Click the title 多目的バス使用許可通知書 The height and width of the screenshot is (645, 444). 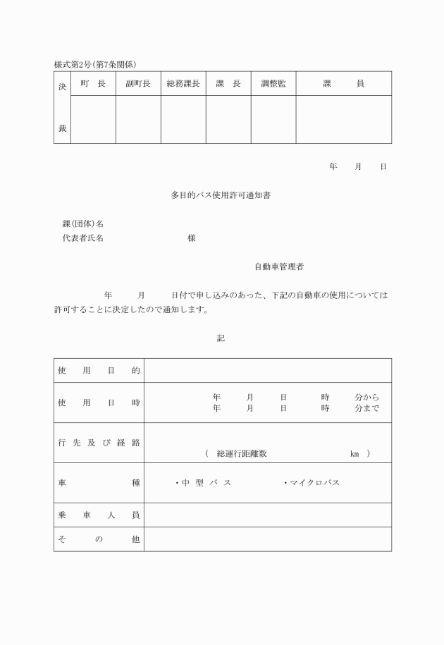[221, 195]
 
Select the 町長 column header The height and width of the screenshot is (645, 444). [93, 84]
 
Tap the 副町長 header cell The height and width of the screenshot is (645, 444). [138, 84]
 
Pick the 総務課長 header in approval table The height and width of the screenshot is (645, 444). [183, 84]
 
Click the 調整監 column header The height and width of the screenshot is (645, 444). [273, 84]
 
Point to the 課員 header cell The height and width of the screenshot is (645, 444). [343, 84]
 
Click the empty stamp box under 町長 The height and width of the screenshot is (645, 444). [93, 119]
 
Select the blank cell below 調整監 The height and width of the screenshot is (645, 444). [273, 119]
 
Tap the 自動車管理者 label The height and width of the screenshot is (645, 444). [279, 267]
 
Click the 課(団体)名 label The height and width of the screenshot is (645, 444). [83, 224]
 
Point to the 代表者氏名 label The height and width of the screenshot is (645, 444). [83, 238]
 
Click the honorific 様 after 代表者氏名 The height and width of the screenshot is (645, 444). [192, 238]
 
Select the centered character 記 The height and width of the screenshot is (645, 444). [221, 338]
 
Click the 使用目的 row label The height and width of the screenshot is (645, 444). [99, 370]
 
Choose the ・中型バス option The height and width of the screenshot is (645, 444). [203, 483]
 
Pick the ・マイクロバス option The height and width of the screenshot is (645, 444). [312, 483]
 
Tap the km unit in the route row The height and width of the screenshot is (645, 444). [354, 454]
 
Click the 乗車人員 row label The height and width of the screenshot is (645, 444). [99, 515]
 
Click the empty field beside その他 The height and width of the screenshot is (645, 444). [268, 539]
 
